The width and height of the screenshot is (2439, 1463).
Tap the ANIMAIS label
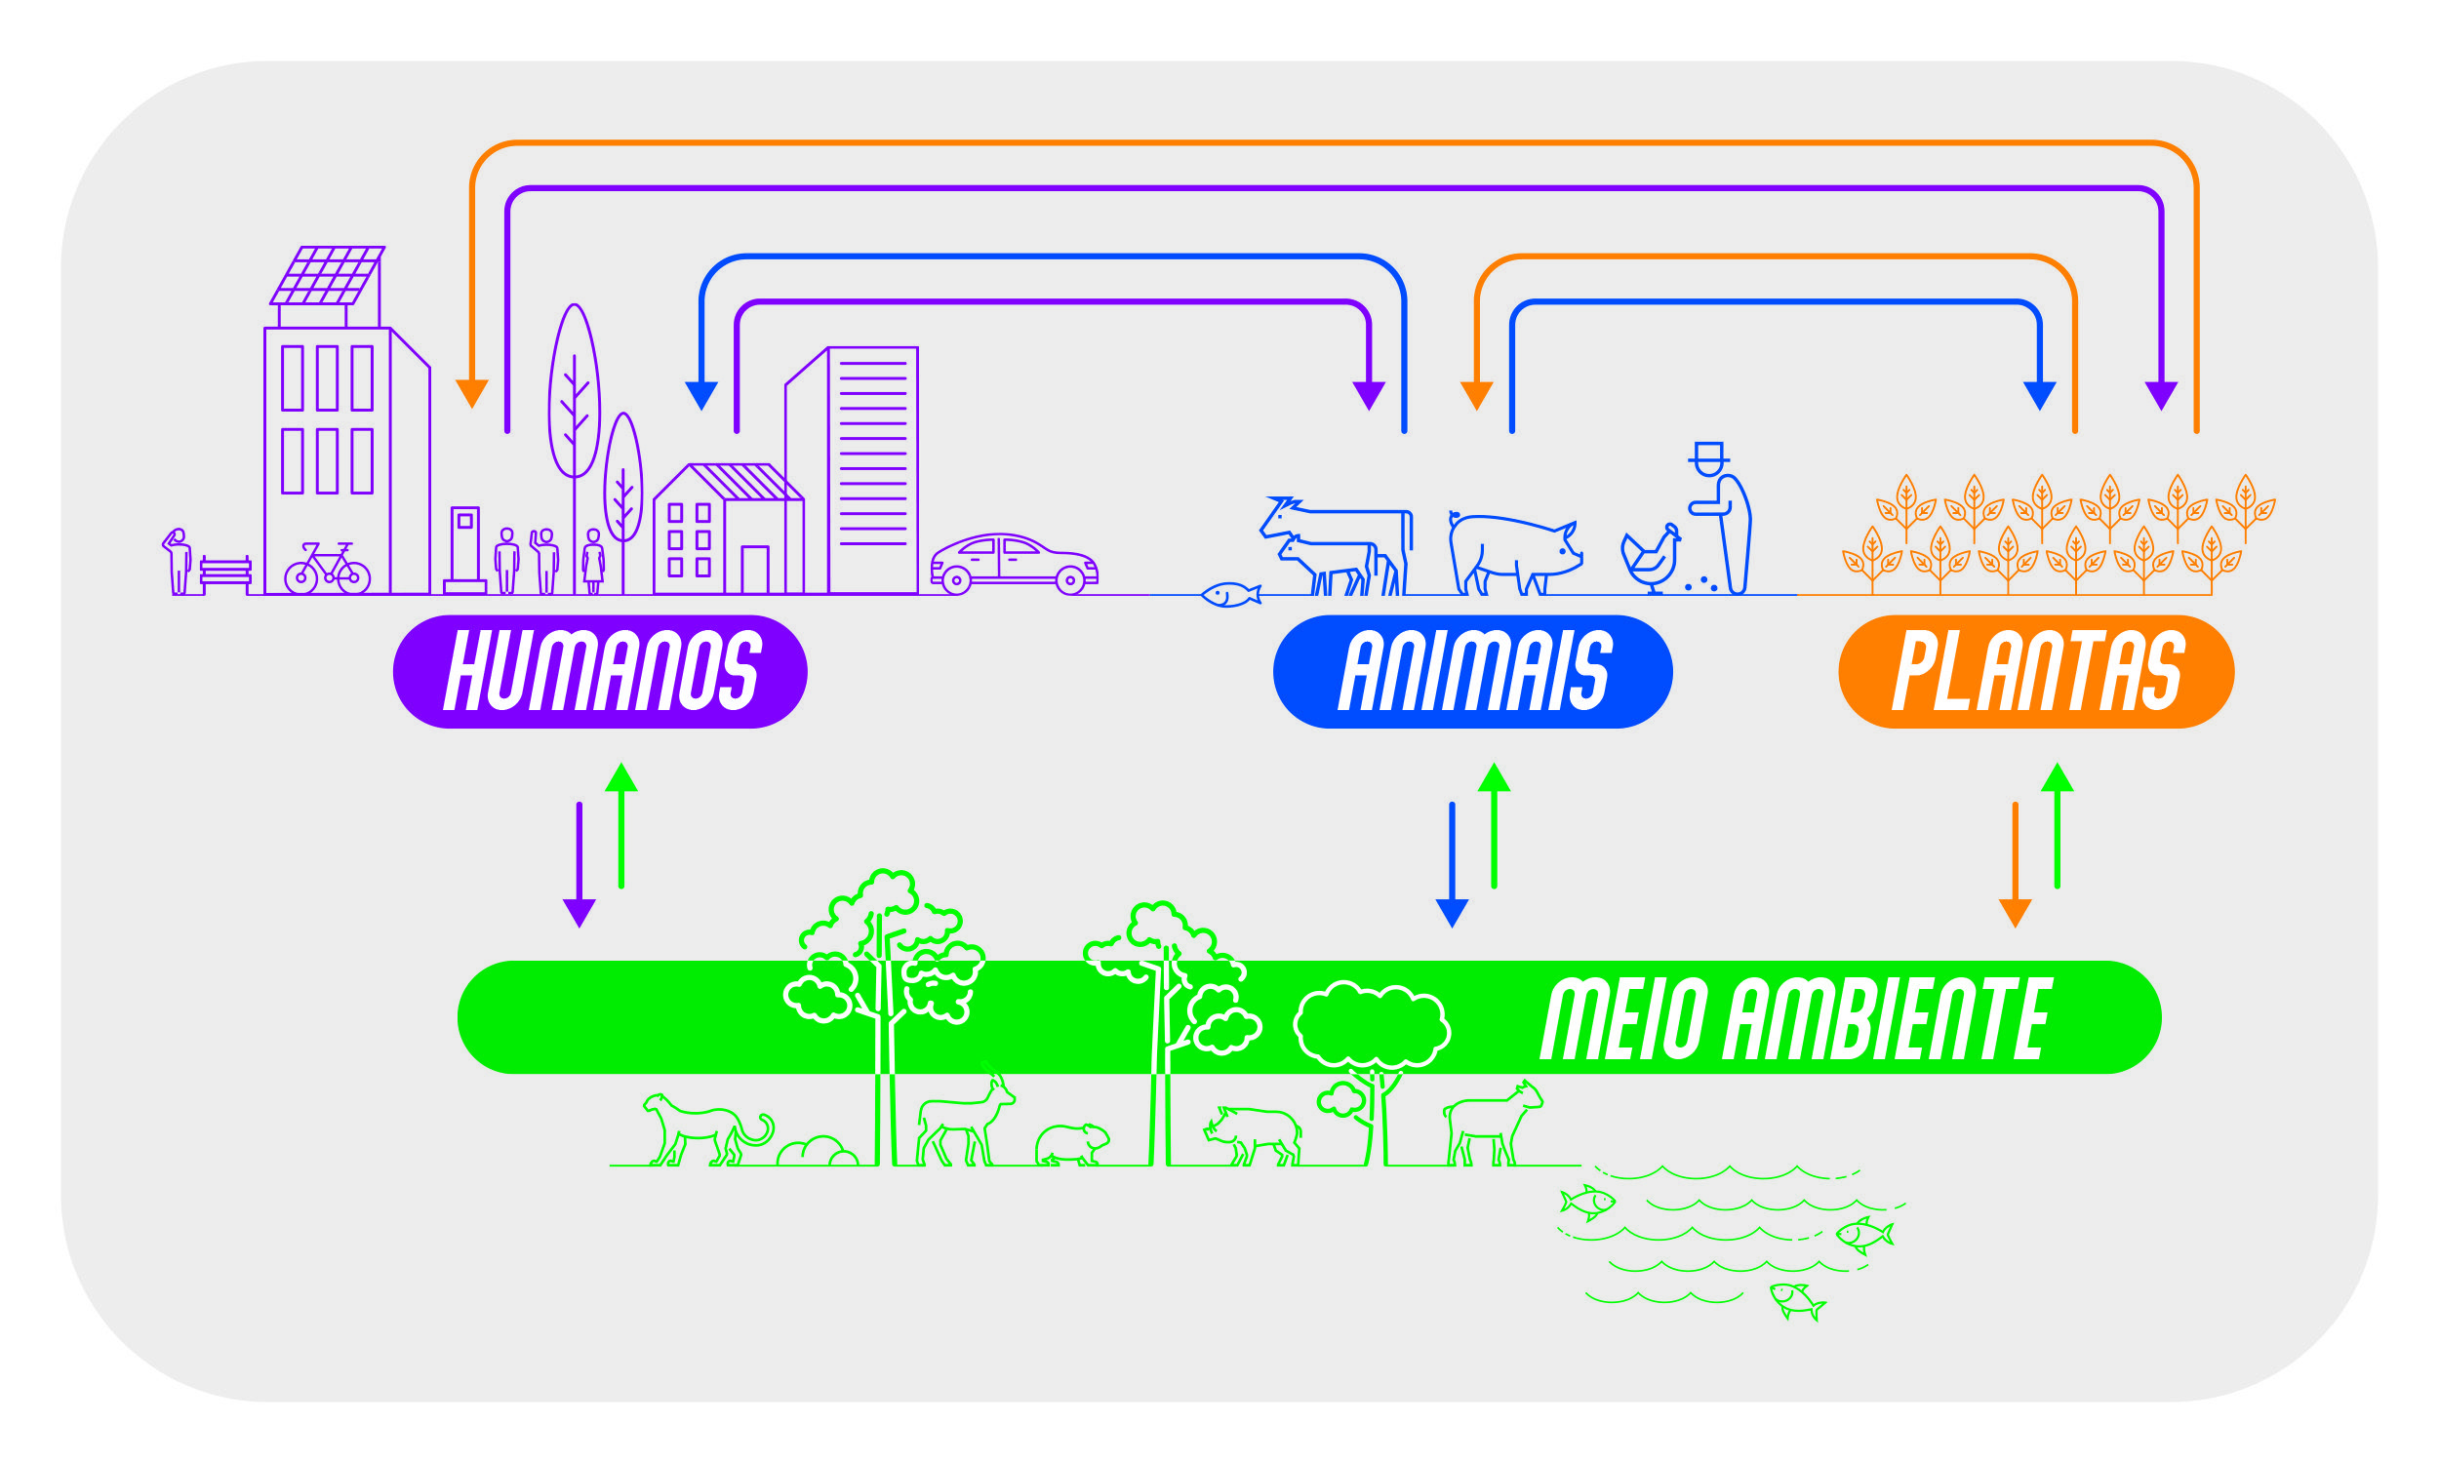(1473, 671)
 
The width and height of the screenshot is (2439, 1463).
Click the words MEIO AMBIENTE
(1794, 1019)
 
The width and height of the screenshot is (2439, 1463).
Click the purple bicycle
(327, 569)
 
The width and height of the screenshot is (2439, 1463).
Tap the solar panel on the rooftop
(327, 275)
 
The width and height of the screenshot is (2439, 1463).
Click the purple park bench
(225, 571)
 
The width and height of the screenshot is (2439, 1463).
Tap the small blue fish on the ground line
(1229, 595)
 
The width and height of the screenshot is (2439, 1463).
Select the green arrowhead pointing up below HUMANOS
(621, 778)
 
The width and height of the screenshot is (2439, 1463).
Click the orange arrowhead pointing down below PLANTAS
(2015, 912)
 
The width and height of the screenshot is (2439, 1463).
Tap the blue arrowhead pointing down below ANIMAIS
(1452, 912)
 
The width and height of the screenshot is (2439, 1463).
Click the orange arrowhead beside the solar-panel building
(472, 392)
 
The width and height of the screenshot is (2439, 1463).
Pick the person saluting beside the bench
(179, 561)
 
